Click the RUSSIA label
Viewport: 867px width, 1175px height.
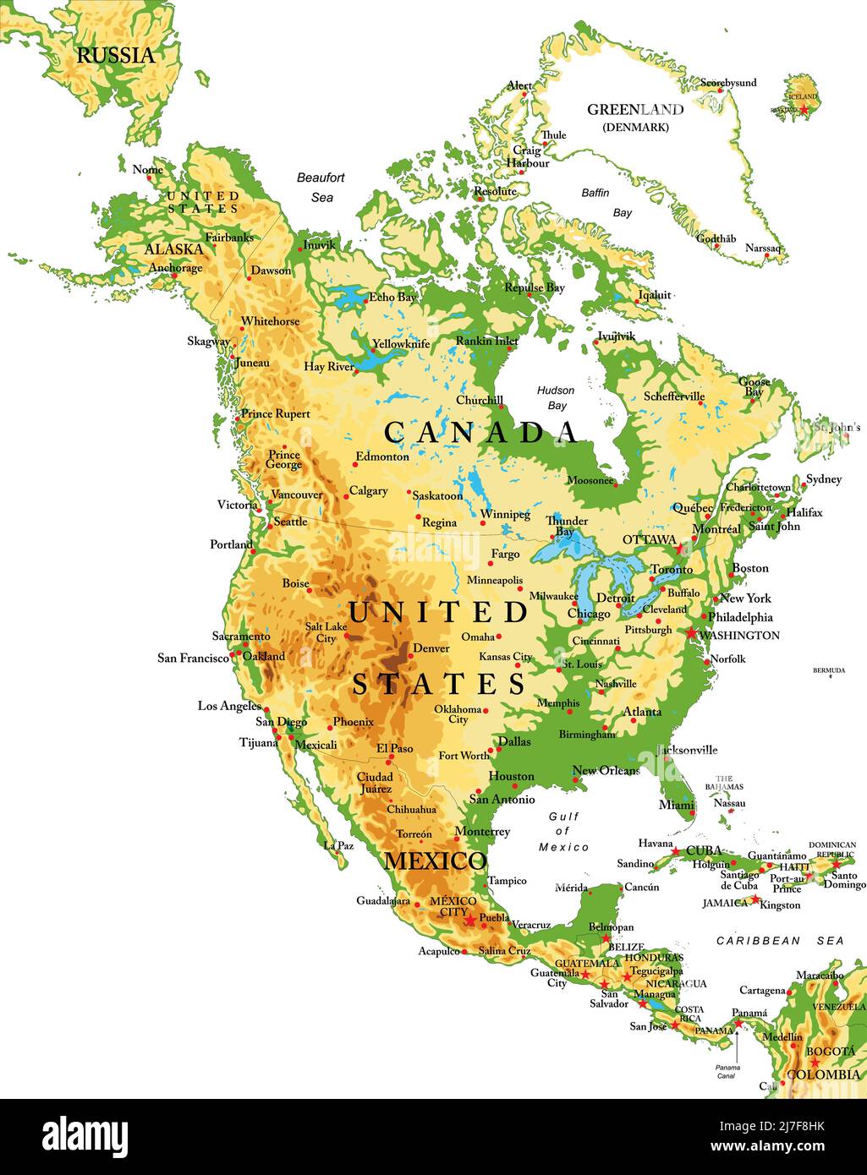[116, 56]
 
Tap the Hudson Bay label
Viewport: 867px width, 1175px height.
[556, 398]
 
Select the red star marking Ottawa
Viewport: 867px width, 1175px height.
[682, 549]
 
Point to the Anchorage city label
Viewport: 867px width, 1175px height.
[175, 268]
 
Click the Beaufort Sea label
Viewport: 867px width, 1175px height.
[321, 187]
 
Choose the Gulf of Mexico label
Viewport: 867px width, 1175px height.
[564, 832]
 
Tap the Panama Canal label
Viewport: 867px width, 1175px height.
[727, 1072]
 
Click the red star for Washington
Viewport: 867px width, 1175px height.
[692, 633]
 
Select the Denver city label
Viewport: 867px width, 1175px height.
[431, 648]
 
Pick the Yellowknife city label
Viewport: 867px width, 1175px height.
[401, 344]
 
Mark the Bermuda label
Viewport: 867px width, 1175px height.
[829, 670]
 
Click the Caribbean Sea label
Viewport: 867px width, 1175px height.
[780, 940]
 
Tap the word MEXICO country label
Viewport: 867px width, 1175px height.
[436, 861]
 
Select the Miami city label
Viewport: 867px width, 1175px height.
[677, 805]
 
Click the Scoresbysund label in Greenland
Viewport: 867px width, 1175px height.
[728, 83]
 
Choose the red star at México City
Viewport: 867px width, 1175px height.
[470, 920]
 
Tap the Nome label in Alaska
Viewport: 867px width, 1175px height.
[147, 170]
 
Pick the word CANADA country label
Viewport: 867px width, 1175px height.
[481, 432]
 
